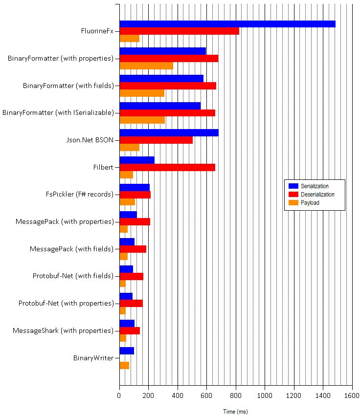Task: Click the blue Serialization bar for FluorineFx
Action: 227,24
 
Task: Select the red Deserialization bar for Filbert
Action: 167,167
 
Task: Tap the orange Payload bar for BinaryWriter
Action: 124,365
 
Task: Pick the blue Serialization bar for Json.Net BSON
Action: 169,133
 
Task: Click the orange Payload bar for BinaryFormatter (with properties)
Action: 146,66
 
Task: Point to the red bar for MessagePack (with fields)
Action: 133,249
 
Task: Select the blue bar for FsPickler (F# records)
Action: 135,187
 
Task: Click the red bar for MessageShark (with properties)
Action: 130,330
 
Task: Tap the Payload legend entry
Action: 310,202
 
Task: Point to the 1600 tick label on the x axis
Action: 352,395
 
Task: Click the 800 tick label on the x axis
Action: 236,395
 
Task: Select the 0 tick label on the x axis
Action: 119,395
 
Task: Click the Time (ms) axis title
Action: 235,412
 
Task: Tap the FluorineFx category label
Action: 97,31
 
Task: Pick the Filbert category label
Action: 103,167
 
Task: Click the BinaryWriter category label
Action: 93,358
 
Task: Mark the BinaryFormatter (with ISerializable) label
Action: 58,113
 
